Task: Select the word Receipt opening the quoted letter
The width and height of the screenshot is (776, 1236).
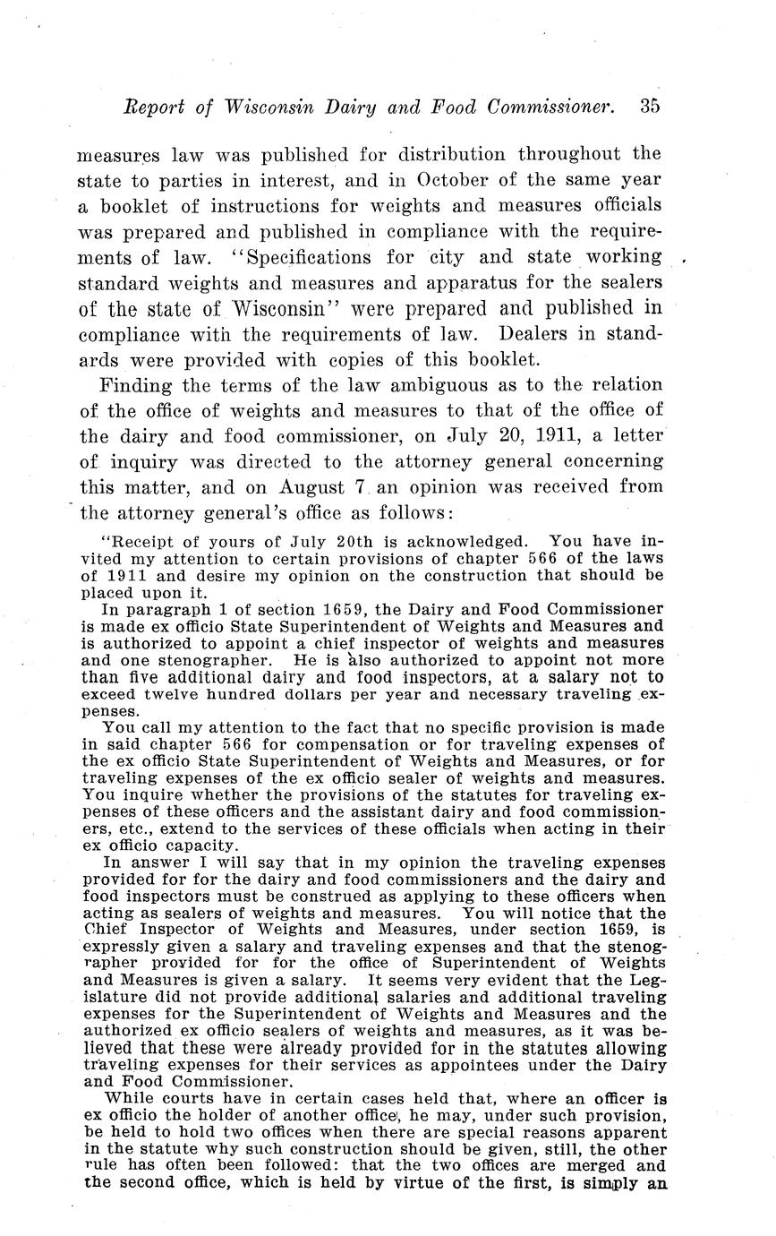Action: point(140,542)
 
